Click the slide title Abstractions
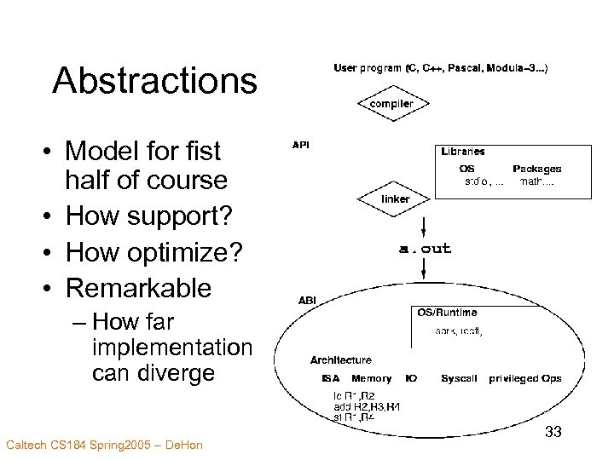coord(154,81)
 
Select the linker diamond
coord(395,199)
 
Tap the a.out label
coord(425,249)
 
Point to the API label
coord(301,146)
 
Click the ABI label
coord(306,300)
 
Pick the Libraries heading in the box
coord(463,152)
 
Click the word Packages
coord(536,169)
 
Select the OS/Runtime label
coord(447,313)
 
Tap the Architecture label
coord(340,360)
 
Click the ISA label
coord(330,378)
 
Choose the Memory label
coord(371,378)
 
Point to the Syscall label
coord(459,378)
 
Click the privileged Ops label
coord(524,378)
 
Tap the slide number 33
coord(553,433)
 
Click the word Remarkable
coord(138,288)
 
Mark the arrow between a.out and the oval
coord(424,268)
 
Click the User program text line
coord(440,66)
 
